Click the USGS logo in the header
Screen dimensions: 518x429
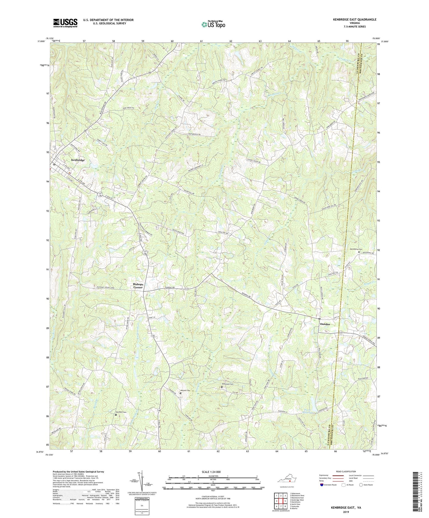pyautogui.click(x=65, y=23)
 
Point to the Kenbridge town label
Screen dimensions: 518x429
pyautogui.click(x=78, y=160)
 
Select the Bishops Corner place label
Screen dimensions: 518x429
pyautogui.click(x=138, y=286)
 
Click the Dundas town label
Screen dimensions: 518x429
pyautogui.click(x=325, y=324)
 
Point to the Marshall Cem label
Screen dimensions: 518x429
pyautogui.click(x=121, y=412)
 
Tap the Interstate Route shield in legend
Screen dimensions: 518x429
pyautogui.click(x=322, y=485)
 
